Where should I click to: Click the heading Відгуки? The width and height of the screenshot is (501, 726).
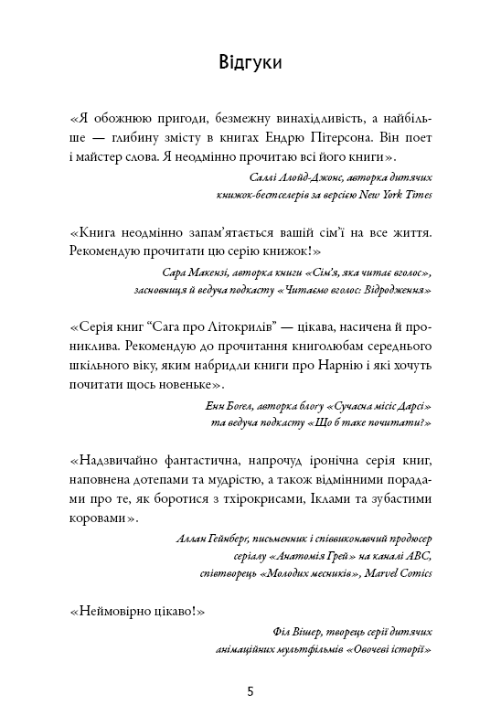(250, 62)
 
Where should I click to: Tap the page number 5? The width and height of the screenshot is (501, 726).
(250, 691)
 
